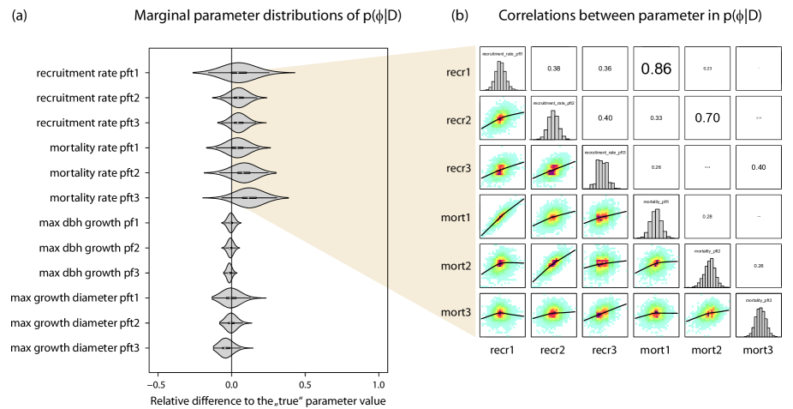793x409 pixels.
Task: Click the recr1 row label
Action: click(x=458, y=72)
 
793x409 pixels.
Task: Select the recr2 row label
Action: click(x=458, y=120)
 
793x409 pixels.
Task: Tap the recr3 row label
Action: click(x=458, y=169)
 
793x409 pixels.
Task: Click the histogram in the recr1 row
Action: click(x=501, y=75)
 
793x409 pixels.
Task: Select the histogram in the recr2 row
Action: click(x=553, y=125)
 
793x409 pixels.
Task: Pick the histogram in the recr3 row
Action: click(x=603, y=174)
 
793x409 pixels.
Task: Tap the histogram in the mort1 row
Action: click(x=655, y=224)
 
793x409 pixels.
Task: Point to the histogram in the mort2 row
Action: click(x=708, y=274)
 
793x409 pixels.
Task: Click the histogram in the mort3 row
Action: click(x=760, y=322)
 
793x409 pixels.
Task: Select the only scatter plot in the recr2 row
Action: click(x=501, y=119)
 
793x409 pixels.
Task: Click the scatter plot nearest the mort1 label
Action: click(x=501, y=217)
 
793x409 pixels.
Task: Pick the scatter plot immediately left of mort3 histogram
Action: click(x=708, y=314)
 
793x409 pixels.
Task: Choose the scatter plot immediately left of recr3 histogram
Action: click(x=553, y=169)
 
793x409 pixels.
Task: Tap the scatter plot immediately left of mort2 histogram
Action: click(x=656, y=265)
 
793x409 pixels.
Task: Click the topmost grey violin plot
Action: click(x=240, y=74)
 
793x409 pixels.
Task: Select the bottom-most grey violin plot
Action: click(x=228, y=348)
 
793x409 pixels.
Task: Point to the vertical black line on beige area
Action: click(x=388, y=171)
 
